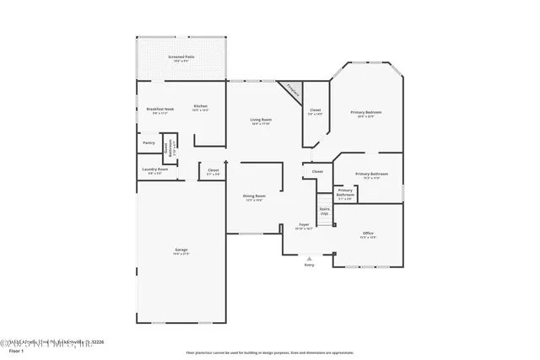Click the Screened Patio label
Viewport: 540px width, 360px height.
(x=183, y=56)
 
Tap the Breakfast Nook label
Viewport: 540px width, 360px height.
(x=160, y=109)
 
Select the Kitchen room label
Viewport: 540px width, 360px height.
(x=200, y=106)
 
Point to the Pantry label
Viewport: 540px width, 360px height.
(x=148, y=142)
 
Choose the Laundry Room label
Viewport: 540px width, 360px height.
(x=154, y=169)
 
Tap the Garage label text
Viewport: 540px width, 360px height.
(x=181, y=250)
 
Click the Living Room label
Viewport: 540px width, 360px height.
(x=261, y=120)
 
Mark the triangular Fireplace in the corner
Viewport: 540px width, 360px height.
(x=292, y=89)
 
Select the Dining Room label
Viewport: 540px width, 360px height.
(x=254, y=196)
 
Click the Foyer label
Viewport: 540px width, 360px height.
(x=304, y=224)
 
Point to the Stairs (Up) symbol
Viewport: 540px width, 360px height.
(x=324, y=210)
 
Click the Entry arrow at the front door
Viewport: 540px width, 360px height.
(x=309, y=259)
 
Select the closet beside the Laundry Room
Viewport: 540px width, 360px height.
(x=213, y=170)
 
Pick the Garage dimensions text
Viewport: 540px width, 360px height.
(x=181, y=254)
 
